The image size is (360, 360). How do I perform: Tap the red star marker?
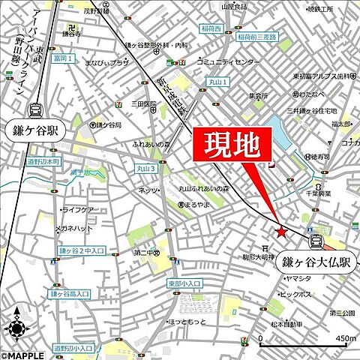[281, 232]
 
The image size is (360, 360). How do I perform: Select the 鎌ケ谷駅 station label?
[33, 129]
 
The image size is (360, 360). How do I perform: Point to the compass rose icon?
[16, 327]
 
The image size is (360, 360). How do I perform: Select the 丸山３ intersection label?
[146, 169]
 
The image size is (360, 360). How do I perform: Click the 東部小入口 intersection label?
[184, 283]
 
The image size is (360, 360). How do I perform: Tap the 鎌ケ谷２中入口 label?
[82, 250]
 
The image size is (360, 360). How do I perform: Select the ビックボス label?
[295, 294]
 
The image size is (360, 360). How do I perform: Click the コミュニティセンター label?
[224, 63]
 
